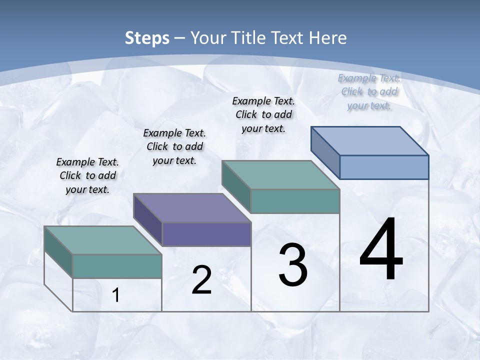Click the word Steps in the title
147,38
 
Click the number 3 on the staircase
293,265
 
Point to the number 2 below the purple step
201,280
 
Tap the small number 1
116,295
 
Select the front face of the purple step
206,234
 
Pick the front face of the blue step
384,167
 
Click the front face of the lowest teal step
117,266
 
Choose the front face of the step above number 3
295,201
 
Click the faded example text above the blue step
369,91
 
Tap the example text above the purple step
174,146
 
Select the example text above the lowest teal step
87,175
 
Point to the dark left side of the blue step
325,150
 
